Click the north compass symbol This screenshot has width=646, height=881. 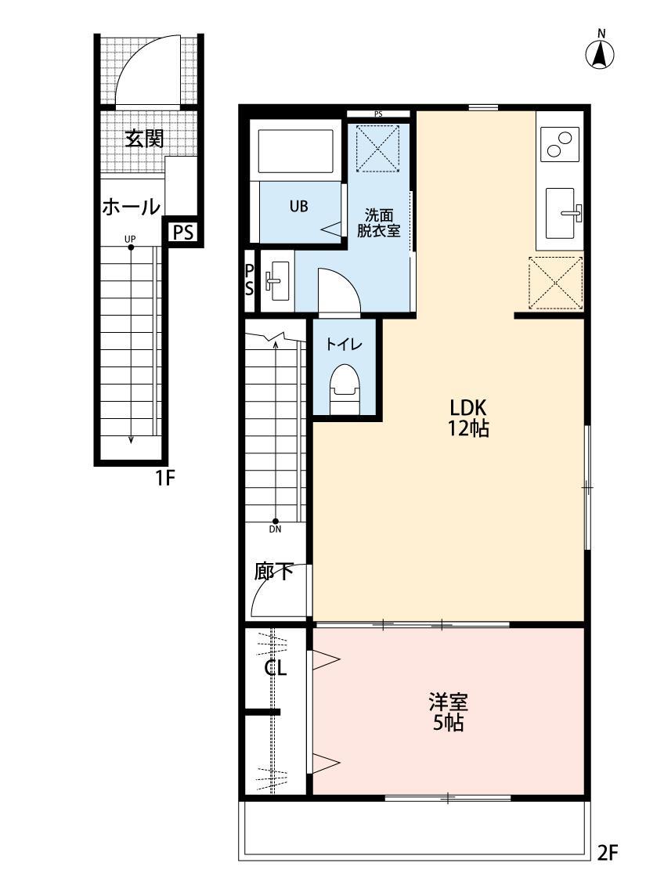(600, 52)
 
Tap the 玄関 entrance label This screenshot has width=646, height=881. (144, 139)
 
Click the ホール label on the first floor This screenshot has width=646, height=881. (131, 207)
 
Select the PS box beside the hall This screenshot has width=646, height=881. (183, 233)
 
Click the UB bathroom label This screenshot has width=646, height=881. (298, 207)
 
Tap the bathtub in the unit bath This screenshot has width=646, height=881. (295, 150)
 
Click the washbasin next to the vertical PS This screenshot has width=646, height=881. (276, 280)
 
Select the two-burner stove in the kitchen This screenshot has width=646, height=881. (560, 144)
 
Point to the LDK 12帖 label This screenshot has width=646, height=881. (468, 417)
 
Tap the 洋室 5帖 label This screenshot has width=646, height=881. (449, 710)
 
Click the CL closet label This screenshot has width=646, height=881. (275, 669)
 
